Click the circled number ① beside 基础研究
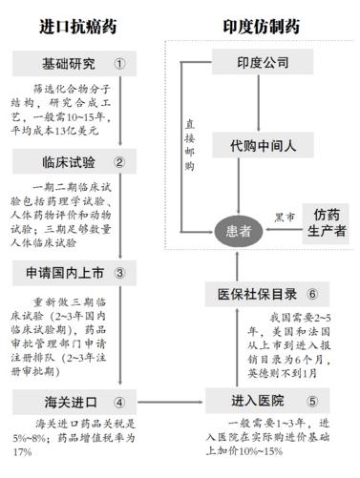[119, 65]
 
